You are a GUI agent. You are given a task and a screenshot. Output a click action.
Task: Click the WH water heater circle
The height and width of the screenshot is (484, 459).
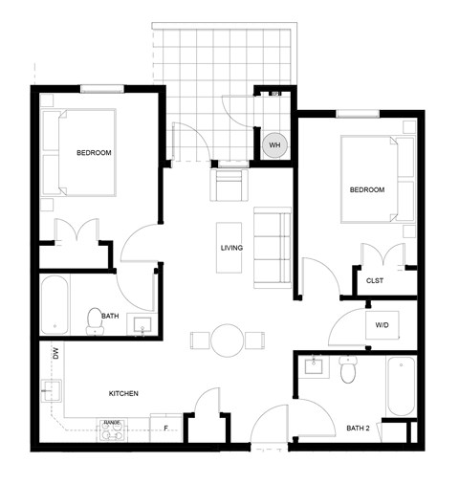274,145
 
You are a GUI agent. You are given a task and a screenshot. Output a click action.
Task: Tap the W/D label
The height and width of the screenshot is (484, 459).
382,325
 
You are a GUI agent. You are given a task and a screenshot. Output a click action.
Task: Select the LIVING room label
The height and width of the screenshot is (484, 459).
231,249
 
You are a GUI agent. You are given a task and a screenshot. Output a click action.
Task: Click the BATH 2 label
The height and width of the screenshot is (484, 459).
360,428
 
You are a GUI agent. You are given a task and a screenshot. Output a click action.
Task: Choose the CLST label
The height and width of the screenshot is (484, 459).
375,281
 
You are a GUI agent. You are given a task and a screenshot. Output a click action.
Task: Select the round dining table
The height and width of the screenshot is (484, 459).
228,340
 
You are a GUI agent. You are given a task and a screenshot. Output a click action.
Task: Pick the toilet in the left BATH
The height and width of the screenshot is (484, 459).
95,319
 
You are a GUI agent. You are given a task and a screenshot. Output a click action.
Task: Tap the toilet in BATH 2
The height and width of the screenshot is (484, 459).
348,369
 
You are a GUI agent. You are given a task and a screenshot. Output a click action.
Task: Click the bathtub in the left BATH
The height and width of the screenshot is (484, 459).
55,304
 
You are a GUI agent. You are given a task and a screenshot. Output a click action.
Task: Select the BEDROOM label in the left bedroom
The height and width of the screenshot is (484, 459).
95,153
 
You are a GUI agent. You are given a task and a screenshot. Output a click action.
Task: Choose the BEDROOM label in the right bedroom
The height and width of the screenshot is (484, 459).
366,189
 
